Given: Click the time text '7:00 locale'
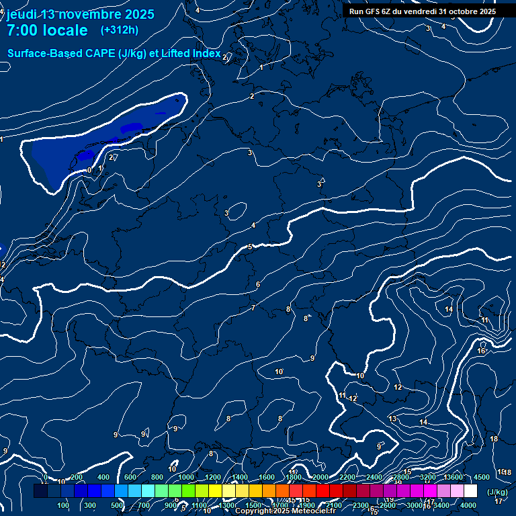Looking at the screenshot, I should tap(47, 30).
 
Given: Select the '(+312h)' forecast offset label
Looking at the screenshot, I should tap(120, 30).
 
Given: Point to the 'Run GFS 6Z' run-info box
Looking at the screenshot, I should tap(423, 11).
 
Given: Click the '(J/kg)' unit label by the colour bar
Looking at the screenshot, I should tap(497, 492).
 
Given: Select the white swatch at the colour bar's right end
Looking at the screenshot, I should tap(470, 492).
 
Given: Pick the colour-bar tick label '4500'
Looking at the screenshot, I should tap(481, 477).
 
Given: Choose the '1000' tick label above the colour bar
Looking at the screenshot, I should tap(186, 477).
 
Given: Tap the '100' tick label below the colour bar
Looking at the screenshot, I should tap(63, 505).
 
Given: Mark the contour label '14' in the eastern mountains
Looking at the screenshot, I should tap(449, 309).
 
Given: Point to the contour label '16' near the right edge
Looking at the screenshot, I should tap(481, 351).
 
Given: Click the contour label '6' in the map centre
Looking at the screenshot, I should tap(257, 285).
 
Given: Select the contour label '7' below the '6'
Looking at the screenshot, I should tap(253, 308).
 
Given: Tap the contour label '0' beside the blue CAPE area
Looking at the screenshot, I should tap(89, 170).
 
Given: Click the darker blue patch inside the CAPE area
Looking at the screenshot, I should tap(130, 126).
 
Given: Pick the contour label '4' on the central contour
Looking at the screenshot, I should tap(253, 225).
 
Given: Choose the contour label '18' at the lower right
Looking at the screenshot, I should tap(494, 439).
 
